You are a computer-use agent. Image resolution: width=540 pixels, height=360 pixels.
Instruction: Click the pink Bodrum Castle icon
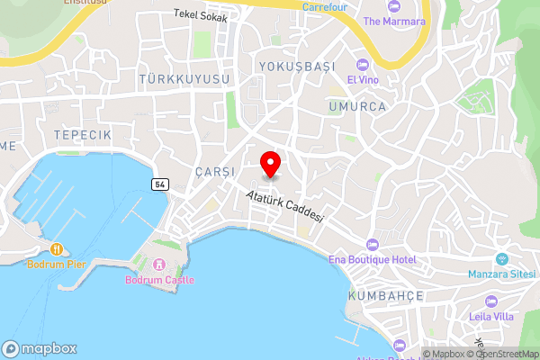point(159,265)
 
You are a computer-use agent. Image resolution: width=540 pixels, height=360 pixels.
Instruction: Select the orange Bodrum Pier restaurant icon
point(56,248)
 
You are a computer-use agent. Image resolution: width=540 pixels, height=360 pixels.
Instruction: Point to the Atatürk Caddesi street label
point(284,206)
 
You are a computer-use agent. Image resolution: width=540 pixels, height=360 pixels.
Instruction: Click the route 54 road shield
point(159,184)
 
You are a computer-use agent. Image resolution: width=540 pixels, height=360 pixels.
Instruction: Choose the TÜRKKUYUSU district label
point(185,79)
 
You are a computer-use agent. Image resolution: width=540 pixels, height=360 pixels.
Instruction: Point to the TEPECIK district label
point(82,133)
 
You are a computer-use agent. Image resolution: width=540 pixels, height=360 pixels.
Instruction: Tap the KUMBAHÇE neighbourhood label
point(385,295)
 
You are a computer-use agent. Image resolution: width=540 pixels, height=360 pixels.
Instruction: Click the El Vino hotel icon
point(364,64)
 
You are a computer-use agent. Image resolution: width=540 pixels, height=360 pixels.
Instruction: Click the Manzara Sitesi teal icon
point(502,259)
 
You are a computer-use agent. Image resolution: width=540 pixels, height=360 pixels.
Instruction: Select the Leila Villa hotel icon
point(490,301)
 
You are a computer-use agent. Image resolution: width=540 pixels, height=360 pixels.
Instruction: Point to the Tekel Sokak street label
point(201,16)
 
